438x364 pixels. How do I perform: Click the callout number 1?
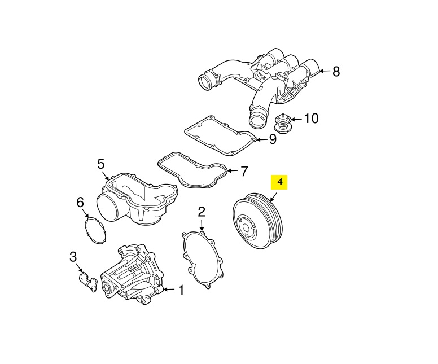181,291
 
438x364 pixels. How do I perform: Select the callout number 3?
73,257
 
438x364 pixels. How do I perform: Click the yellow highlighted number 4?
279,182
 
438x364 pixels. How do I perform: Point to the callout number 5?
101,164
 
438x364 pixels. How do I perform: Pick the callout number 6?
80,202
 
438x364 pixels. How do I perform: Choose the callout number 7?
244,170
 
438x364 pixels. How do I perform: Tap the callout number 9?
272,139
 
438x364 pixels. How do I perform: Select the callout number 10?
311,119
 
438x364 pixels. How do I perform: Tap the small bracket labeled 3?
86,281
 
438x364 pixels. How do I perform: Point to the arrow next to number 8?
322,71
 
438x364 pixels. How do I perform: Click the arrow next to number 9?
260,139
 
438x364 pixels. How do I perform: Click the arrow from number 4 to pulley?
273,197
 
